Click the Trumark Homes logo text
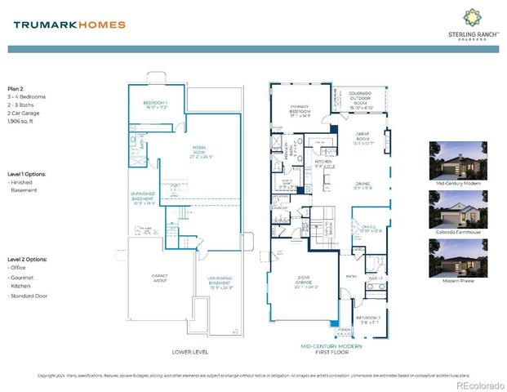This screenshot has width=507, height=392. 69,24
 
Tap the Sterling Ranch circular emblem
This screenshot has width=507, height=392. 472,17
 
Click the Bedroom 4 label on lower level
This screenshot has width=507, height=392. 149,105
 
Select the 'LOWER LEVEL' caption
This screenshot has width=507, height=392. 191,352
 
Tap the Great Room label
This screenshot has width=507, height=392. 363,140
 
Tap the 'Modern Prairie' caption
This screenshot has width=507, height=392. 453,281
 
